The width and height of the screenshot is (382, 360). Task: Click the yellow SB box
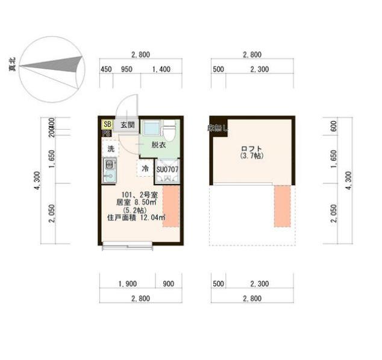[x=107, y=124]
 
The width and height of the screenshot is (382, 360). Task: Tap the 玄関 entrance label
[x=127, y=125]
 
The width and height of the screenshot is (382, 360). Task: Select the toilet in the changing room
[x=169, y=128]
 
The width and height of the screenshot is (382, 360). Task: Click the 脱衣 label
[x=159, y=145]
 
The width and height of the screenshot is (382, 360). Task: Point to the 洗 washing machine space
[x=110, y=148]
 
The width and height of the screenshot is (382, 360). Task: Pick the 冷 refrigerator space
[x=145, y=169]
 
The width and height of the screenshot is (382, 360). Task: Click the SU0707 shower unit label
[x=168, y=169]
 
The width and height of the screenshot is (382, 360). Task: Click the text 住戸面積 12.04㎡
[x=136, y=218]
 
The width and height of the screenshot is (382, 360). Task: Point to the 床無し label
[x=218, y=127]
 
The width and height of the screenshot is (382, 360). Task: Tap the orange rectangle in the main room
[x=171, y=206]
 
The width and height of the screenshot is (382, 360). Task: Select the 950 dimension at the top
[x=127, y=69]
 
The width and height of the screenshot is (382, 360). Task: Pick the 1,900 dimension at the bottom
[x=127, y=283]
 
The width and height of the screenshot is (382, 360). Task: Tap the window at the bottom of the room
[x=130, y=244]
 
